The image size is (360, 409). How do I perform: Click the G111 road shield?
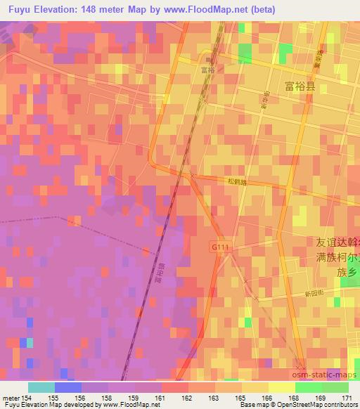[218, 247]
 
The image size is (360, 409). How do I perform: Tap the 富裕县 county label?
[300, 87]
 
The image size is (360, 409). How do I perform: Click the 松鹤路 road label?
[236, 181]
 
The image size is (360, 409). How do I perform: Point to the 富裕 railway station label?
[207, 70]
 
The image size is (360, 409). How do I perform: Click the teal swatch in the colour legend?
[41, 387]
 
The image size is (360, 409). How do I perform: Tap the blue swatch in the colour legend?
[67, 387]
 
